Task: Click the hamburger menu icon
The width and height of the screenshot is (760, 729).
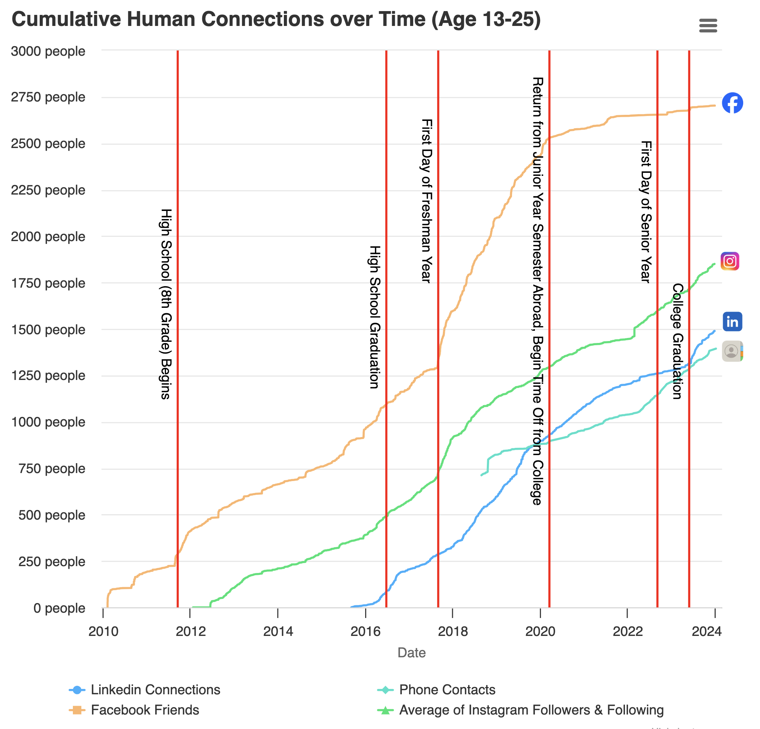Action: click(708, 26)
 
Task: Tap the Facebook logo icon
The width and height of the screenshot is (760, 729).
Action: click(732, 103)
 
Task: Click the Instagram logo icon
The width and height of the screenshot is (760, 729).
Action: click(730, 261)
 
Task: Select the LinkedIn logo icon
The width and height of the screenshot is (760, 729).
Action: click(732, 322)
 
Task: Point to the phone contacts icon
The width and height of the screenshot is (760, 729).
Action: click(731, 351)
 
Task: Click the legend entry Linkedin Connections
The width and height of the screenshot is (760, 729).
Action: click(155, 690)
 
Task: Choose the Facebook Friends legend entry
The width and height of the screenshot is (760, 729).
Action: click(145, 710)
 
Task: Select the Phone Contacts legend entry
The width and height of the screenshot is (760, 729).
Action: click(447, 690)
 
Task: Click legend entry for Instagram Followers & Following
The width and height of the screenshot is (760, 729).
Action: click(531, 710)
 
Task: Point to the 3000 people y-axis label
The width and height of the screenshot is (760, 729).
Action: click(48, 51)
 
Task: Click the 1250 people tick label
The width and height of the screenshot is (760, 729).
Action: click(48, 375)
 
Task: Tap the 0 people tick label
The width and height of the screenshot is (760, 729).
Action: click(59, 608)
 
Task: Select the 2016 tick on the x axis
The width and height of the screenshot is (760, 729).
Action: click(365, 632)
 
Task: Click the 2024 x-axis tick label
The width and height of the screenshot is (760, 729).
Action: click(707, 632)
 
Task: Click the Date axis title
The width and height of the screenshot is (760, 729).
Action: click(411, 653)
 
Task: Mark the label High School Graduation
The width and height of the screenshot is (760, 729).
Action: click(374, 317)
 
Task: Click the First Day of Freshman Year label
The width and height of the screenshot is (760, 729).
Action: click(427, 201)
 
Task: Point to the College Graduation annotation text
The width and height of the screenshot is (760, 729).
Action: click(677, 341)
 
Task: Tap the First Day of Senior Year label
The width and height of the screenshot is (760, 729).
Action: click(646, 212)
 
